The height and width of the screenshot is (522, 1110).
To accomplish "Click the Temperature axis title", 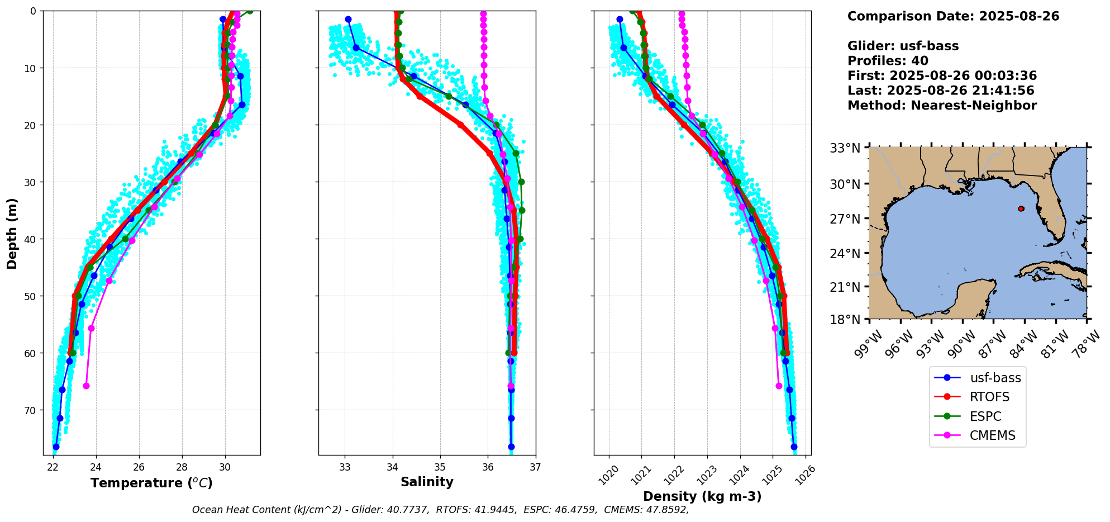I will pyautogui.click(x=151, y=483).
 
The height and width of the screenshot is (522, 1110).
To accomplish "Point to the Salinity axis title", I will pyautogui.click(x=427, y=482).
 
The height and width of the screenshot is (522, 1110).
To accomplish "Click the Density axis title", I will pyautogui.click(x=702, y=496).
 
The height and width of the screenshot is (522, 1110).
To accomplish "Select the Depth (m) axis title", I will pyautogui.click(x=12, y=233).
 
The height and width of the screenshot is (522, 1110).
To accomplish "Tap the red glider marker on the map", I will pyautogui.click(x=1021, y=208).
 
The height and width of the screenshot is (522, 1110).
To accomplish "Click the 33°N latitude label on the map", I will pyautogui.click(x=845, y=148).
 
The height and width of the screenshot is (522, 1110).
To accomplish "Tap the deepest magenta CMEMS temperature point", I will pyautogui.click(x=86, y=386).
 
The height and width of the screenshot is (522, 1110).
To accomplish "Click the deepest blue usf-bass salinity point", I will pyautogui.click(x=511, y=447).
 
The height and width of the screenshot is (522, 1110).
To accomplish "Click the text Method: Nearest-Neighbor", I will pyautogui.click(x=942, y=106).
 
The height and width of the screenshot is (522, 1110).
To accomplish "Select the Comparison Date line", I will pyautogui.click(x=953, y=16).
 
